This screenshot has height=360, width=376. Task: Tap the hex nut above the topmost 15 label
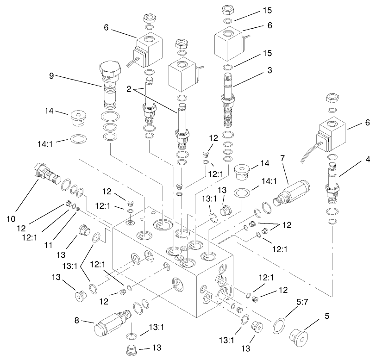pos(227,10)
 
